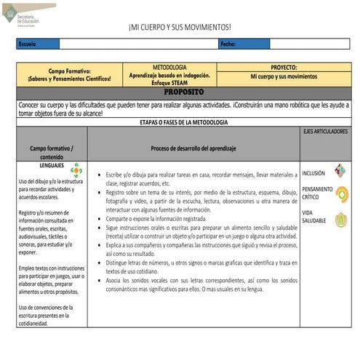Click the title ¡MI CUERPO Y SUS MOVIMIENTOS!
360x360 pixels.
tap(180, 28)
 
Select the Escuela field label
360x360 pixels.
tap(27, 44)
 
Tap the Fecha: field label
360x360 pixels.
tap(228, 44)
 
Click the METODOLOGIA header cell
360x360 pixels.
tap(169, 67)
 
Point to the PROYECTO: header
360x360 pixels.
tap(284, 67)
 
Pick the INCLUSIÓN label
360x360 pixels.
tap(313, 173)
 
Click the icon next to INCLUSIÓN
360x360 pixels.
tap(340, 172)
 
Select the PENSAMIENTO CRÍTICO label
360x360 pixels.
tap(316, 193)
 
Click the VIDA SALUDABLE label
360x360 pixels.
tap(315, 216)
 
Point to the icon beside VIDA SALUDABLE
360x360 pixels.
tap(340, 219)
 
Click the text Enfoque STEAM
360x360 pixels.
tap(169, 83)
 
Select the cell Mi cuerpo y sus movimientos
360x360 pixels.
tap(284, 76)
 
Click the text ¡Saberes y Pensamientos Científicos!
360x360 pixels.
tap(69, 79)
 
